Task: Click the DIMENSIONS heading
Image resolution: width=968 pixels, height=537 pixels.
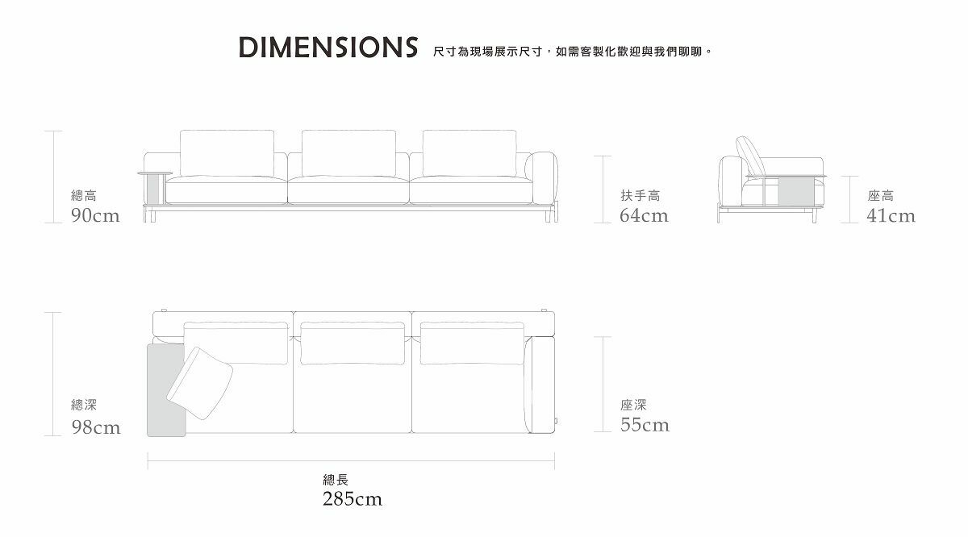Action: click(328, 48)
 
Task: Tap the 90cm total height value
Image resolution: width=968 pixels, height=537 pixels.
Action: click(95, 215)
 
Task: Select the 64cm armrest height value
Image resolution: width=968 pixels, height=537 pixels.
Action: click(644, 215)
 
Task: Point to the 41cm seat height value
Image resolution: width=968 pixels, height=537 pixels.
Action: click(891, 215)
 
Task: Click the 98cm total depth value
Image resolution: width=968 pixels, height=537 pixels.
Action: click(96, 427)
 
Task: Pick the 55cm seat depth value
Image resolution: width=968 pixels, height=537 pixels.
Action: click(645, 425)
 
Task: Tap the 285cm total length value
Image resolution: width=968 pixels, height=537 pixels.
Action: click(353, 499)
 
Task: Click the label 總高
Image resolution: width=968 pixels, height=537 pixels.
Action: click(84, 196)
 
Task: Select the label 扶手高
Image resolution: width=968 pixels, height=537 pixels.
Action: click(640, 196)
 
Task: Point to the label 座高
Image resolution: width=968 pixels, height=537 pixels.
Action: click(881, 196)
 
